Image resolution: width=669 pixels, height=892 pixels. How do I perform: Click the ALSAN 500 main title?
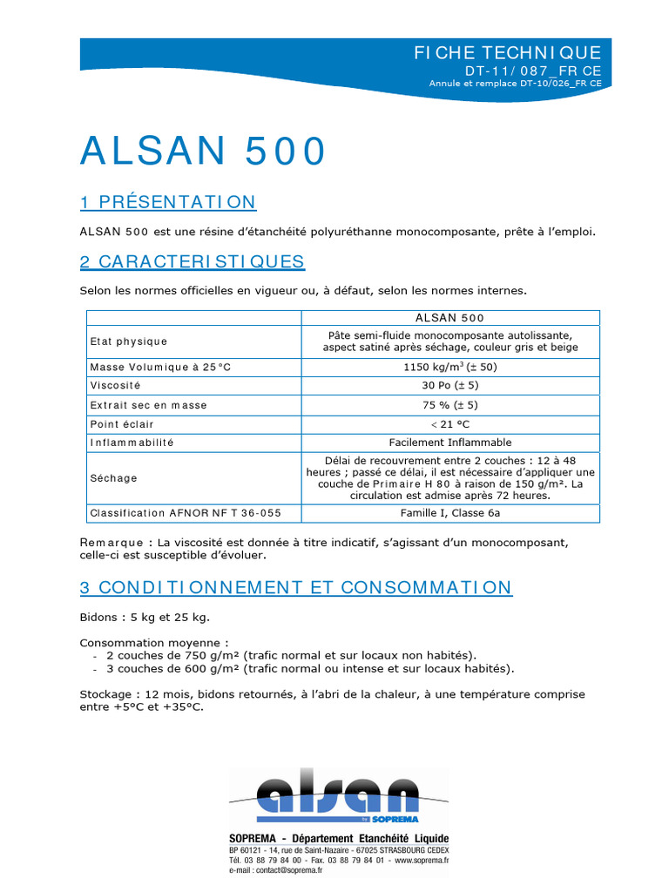203,152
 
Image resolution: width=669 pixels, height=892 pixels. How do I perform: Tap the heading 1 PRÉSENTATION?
168,203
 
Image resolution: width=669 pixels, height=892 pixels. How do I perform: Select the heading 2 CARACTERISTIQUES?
193,261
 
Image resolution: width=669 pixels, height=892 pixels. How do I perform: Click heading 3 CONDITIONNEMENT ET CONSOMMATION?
296,587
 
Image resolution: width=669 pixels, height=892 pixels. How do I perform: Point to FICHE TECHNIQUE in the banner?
508,53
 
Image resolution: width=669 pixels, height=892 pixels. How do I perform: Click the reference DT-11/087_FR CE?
532,70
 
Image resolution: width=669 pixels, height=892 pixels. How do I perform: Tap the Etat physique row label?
129,341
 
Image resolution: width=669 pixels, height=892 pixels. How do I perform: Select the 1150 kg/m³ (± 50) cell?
449,367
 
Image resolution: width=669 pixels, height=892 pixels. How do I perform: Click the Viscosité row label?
115,385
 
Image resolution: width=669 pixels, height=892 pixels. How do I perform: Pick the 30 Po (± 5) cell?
449,385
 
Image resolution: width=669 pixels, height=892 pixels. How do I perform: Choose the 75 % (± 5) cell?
449,405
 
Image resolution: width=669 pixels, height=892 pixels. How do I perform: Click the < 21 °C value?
449,424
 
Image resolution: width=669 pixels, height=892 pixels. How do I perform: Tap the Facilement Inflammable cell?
449,443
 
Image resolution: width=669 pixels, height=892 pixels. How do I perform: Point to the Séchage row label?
114,478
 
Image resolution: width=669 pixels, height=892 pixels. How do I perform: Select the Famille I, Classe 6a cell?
449,513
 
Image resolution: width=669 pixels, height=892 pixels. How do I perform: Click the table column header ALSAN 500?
449,318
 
